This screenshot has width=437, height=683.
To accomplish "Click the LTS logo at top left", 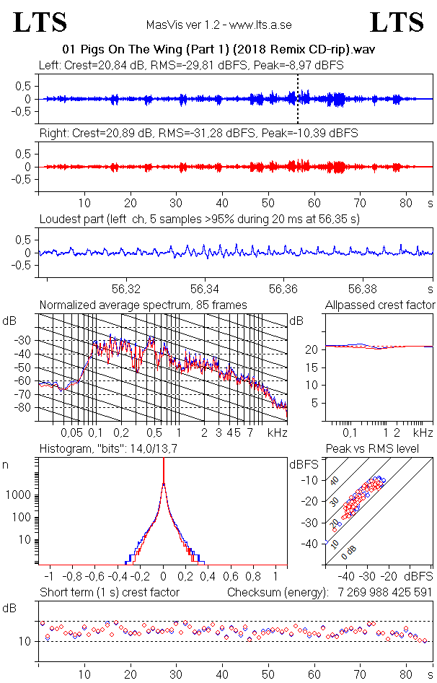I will coord(40,23).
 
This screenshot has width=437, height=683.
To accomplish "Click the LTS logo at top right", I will coord(397,23).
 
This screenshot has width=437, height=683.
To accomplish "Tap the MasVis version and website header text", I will coord(218,25).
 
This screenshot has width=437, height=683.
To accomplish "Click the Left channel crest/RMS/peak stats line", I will coord(191,65).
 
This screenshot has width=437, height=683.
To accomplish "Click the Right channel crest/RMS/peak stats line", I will coord(198,134).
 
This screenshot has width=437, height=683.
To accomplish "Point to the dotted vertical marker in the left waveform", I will coord(298,98).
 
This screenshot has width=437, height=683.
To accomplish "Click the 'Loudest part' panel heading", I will coord(199,218).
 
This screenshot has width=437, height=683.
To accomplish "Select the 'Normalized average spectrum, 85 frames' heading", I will coord(143,305).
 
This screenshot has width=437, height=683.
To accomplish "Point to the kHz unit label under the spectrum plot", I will coord(277,432).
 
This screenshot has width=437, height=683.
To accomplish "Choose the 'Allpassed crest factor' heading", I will coord(380,305).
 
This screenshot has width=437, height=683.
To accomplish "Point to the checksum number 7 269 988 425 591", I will coord(384,593).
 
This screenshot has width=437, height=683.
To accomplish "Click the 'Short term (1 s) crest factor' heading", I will coord(109,593).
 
